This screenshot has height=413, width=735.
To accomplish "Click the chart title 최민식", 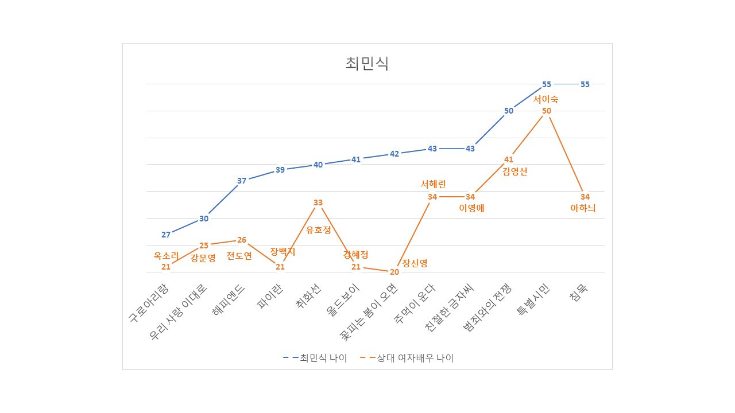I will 367,64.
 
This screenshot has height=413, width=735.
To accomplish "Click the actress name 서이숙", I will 546,99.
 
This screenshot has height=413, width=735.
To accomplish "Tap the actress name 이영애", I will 472,208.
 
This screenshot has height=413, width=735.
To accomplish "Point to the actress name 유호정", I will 319,230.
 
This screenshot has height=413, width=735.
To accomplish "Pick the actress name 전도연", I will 239,256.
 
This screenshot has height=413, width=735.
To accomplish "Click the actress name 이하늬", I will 583,208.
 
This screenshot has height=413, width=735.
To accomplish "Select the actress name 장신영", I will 415,263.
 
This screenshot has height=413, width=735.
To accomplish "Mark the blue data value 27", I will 166,235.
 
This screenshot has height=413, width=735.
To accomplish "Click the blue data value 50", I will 509,111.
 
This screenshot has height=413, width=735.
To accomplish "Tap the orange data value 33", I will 318,202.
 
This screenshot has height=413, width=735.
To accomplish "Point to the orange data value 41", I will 509,159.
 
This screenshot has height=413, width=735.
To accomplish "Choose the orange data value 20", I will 394,272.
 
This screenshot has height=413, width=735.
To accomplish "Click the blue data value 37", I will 242,181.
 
